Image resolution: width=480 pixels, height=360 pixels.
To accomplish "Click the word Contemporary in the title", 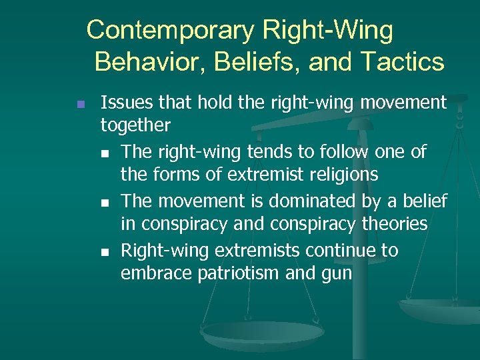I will pyautogui.click(x=170, y=31).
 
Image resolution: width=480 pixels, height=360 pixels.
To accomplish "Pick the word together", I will pyautogui.click(x=135, y=125).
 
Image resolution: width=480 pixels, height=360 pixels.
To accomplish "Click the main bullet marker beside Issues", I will pyautogui.click(x=81, y=105).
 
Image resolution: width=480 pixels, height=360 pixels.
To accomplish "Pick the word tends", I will pyautogui.click(x=268, y=152).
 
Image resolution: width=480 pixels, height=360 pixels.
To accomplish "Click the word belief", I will pyautogui.click(x=424, y=201).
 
